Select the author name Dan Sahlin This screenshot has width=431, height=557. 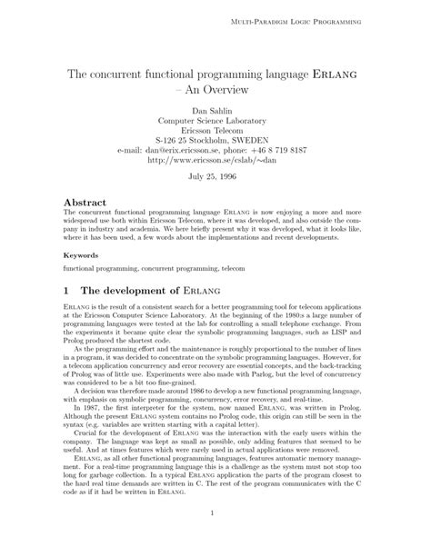215,112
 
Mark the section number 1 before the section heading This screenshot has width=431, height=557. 65,291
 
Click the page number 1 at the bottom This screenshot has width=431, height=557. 215,537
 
